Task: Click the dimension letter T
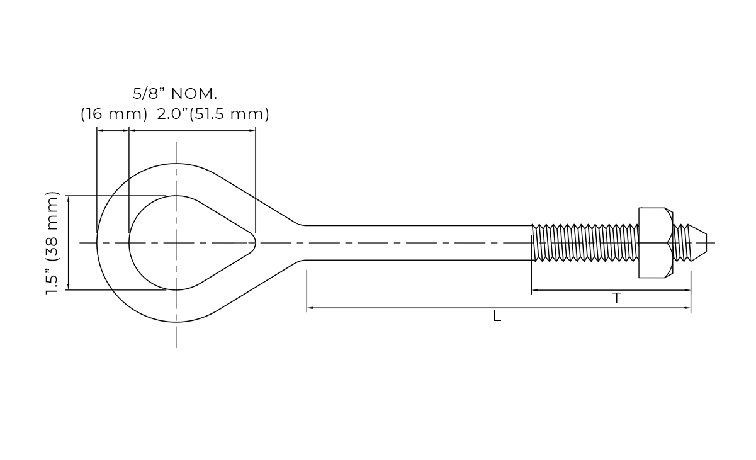tap(617, 299)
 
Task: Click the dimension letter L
tap(497, 317)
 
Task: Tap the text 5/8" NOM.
tap(175, 94)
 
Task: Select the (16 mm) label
tap(114, 115)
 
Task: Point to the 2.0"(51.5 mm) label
tap(213, 115)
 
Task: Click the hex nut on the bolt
tap(655, 242)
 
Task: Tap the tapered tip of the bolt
tap(697, 242)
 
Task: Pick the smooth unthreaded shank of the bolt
tap(415, 242)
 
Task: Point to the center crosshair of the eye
tap(176, 242)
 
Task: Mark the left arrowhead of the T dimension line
tap(535, 290)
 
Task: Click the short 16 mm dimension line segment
tap(113, 130)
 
